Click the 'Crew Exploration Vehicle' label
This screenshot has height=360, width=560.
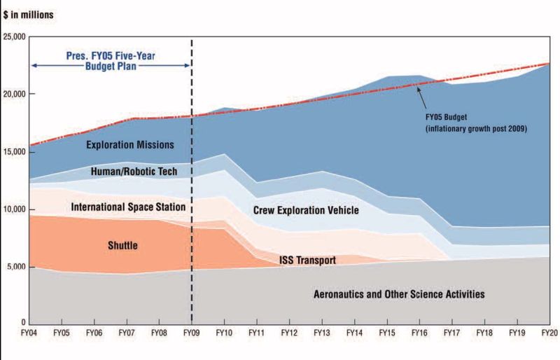tap(306, 210)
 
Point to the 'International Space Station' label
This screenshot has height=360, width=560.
tap(128, 207)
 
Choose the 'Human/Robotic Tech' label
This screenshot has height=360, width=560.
tap(134, 172)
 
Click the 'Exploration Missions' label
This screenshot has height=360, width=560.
tap(129, 146)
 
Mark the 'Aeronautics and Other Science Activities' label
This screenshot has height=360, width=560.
tap(400, 294)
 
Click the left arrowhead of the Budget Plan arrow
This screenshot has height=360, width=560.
tap(33, 66)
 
